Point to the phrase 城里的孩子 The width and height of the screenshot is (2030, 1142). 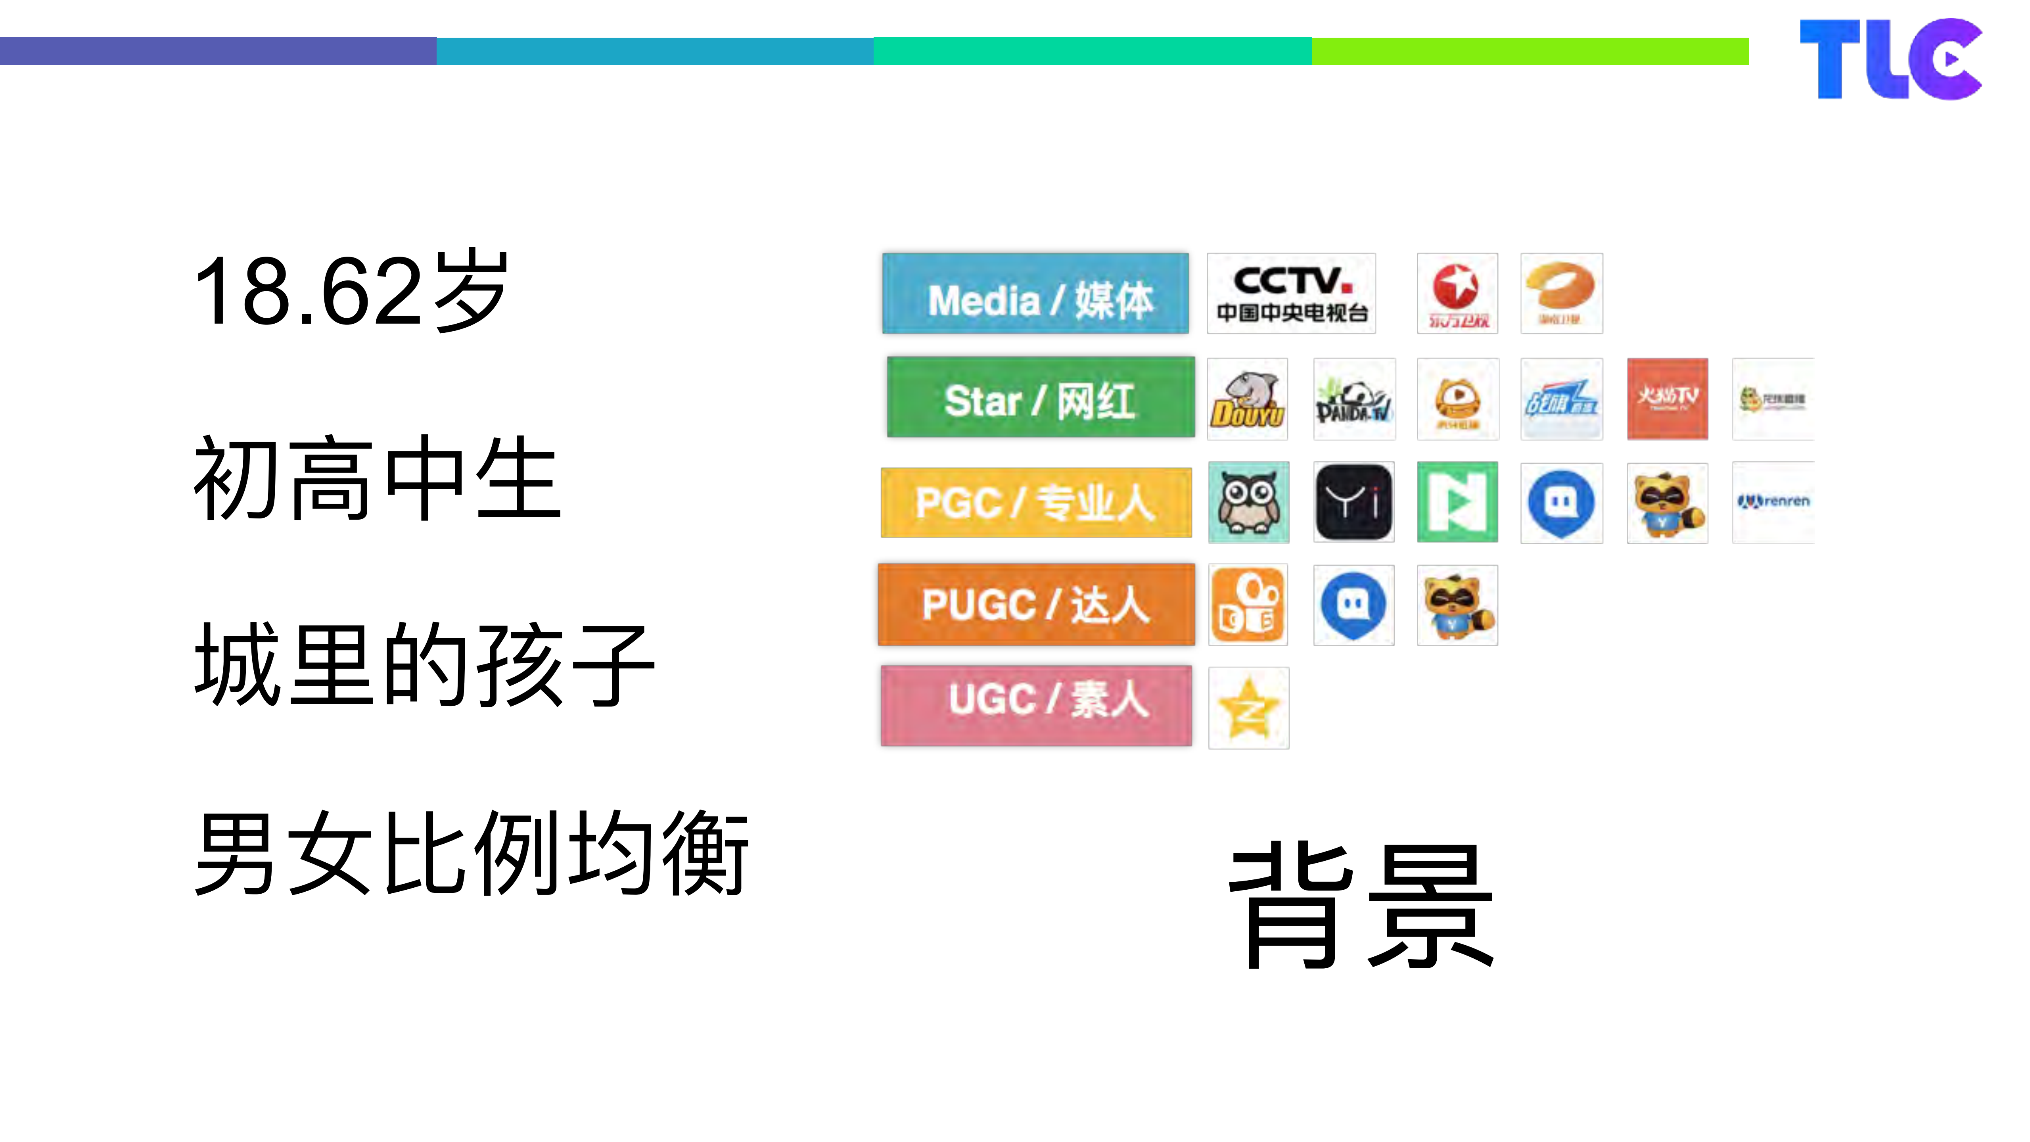tap(424, 664)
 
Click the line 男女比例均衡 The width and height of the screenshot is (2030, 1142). tap(471, 854)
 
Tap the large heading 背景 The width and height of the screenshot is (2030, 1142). tap(1361, 906)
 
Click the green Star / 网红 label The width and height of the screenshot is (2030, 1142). tap(1040, 397)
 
